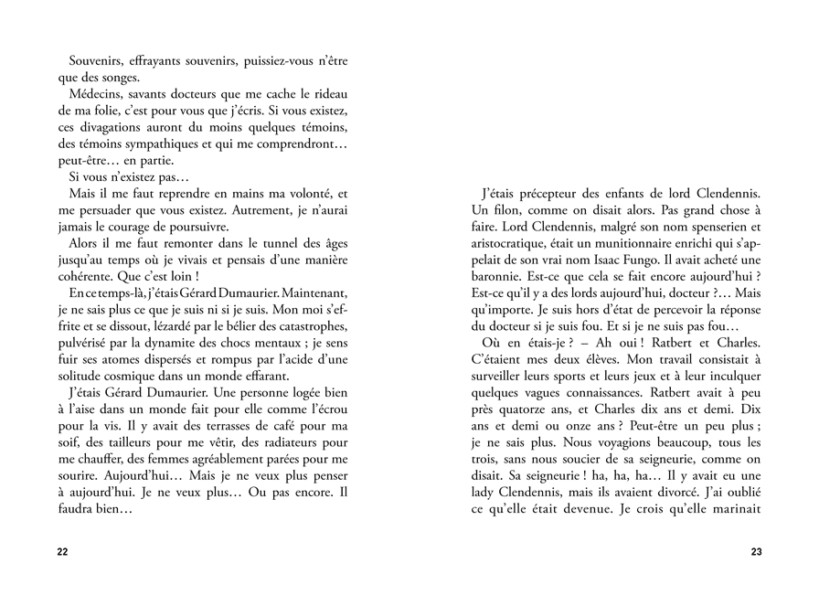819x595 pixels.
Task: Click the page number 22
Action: click(62, 552)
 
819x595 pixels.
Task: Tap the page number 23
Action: click(756, 552)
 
